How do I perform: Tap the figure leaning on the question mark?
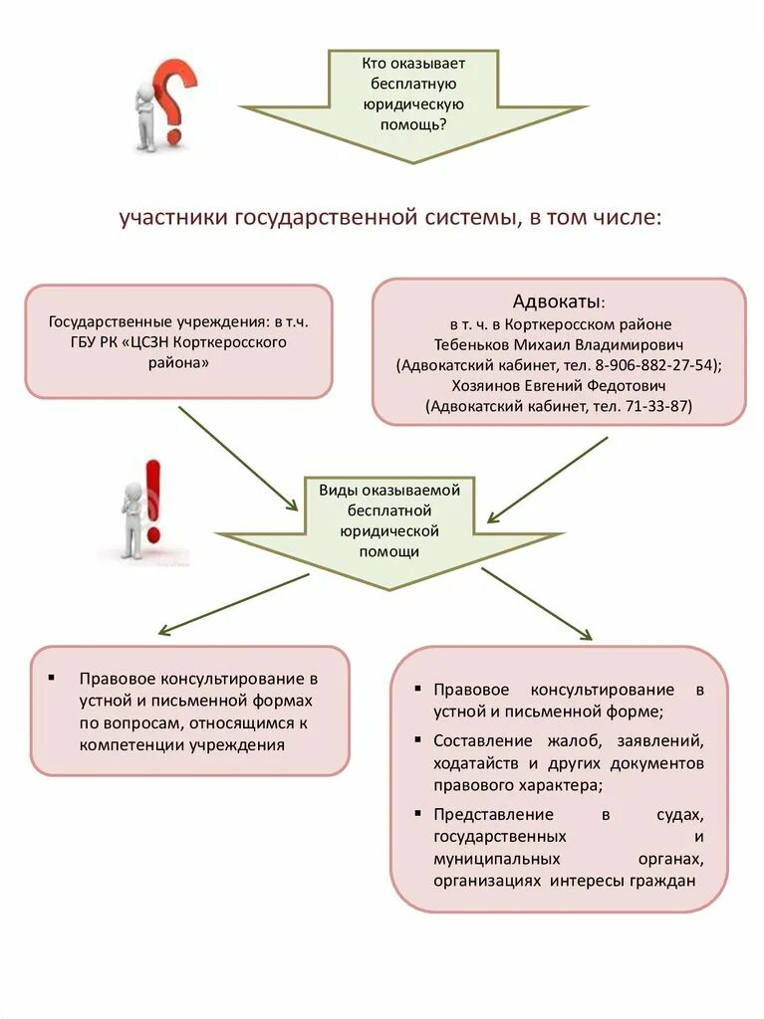147,114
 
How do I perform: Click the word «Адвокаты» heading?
558,302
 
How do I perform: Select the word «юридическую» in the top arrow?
412,103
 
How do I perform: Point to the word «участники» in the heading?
173,217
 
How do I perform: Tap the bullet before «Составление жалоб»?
415,740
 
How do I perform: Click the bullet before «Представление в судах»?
415,813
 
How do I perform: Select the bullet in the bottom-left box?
52,678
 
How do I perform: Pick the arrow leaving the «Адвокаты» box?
547,479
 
